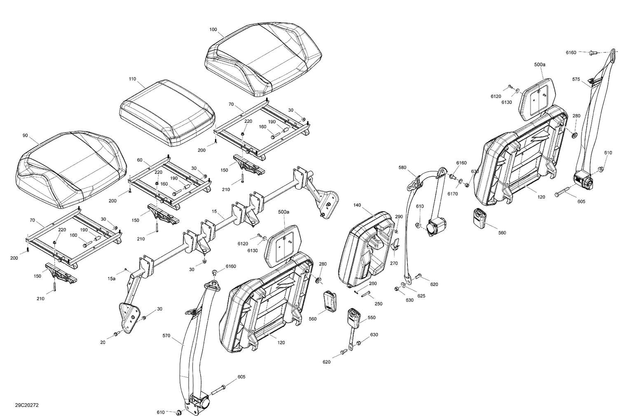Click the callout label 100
213,30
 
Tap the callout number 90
26,135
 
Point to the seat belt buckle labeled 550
353,317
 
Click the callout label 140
357,205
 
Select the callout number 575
576,79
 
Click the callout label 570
166,336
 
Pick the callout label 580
403,168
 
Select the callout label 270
394,263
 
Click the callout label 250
378,304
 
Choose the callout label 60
139,160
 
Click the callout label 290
399,217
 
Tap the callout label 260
372,283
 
